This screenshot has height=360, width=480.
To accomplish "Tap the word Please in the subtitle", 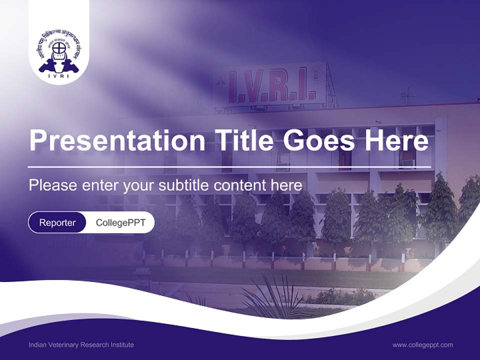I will (51, 185).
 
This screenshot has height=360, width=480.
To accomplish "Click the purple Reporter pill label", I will (57, 222).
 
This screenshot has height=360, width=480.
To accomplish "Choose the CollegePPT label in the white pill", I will (120, 222).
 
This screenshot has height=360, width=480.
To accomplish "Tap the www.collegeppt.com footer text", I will (422, 345).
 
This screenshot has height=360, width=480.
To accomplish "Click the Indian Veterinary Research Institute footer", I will (81, 345).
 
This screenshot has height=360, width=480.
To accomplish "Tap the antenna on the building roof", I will (408, 95).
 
